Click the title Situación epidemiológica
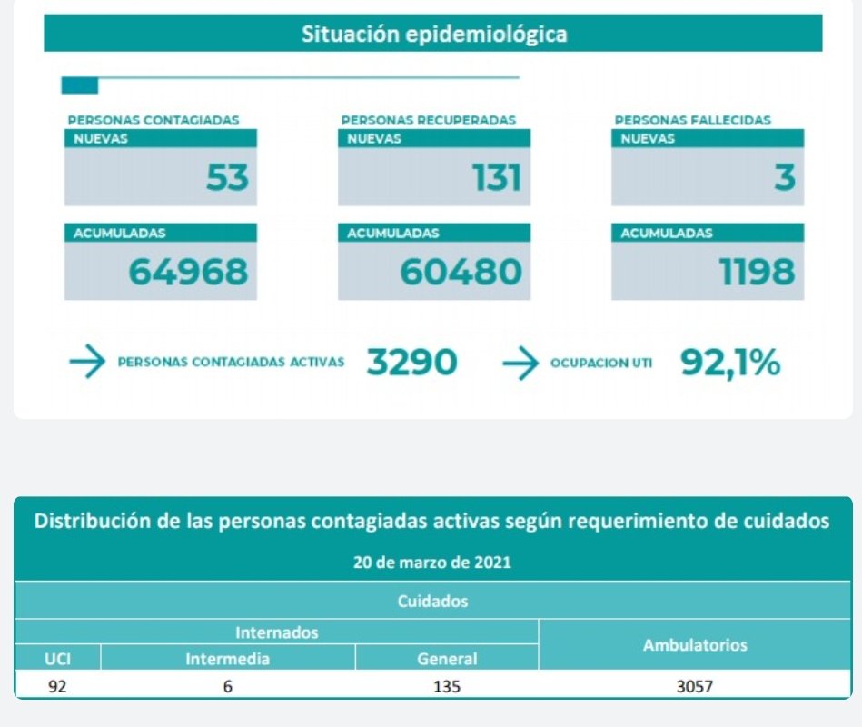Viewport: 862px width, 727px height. point(433,35)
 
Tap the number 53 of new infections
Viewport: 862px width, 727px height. point(227,178)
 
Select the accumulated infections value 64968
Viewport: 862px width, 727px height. point(188,271)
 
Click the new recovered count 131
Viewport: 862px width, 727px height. point(497,178)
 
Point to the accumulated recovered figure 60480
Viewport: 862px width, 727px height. point(461,271)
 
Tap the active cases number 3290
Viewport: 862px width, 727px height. point(412,363)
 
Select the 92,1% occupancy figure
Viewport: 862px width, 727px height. point(730,363)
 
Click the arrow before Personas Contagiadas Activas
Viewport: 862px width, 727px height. point(87,363)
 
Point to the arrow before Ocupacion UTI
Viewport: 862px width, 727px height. point(520,363)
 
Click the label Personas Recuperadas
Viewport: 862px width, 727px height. point(429,119)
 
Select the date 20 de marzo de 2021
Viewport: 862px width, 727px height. point(432,563)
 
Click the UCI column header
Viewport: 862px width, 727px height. point(57,659)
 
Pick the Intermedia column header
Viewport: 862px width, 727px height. point(227,659)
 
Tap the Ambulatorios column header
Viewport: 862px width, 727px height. point(695,645)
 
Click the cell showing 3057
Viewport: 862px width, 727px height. point(695,687)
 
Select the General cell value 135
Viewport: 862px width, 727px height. point(447,687)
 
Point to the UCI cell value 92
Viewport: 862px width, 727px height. point(57,687)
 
